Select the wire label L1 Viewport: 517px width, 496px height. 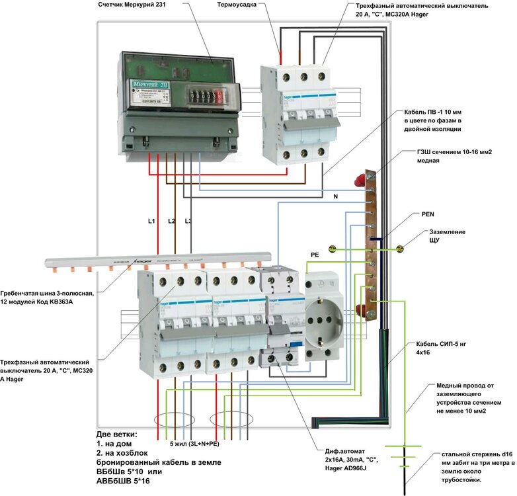point(151,220)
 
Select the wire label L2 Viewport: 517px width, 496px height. point(172,220)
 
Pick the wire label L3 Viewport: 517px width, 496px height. point(188,220)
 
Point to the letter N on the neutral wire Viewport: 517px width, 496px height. point(335,197)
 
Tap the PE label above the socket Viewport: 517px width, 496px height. point(315,254)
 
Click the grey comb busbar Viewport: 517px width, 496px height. point(159,260)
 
